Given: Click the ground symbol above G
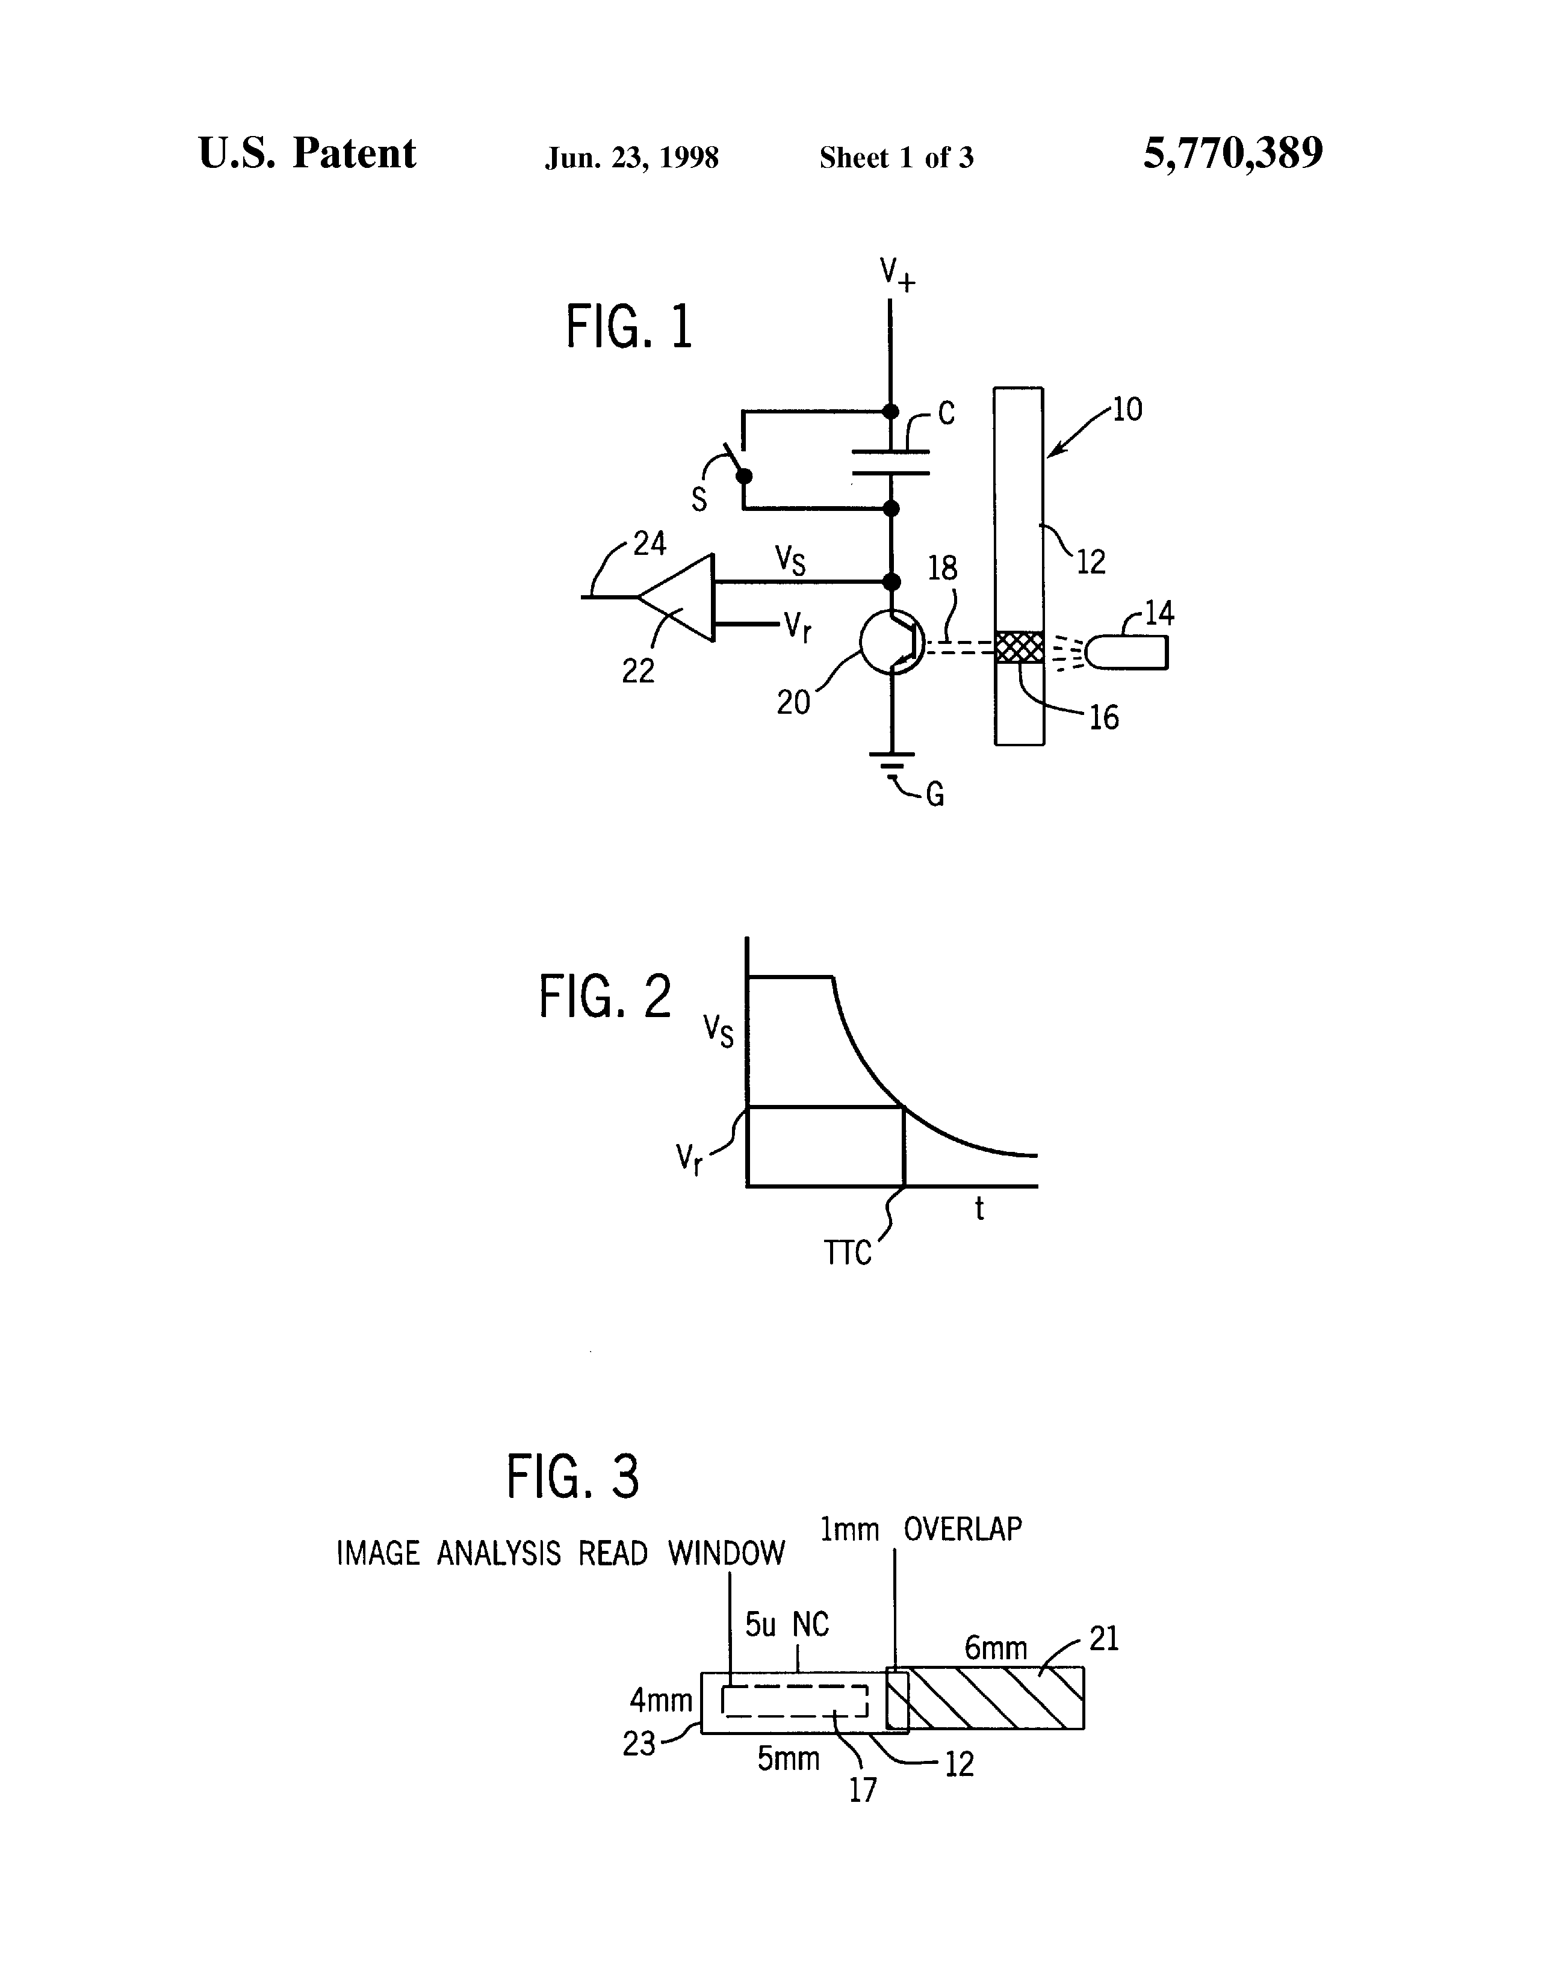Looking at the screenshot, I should point(891,763).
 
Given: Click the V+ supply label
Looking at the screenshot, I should point(896,273).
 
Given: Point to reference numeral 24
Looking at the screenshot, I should point(650,544).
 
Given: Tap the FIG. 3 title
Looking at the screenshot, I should point(573,1477).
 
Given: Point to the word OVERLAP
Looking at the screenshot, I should point(963,1529).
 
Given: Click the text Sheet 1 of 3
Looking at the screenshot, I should point(896,158).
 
